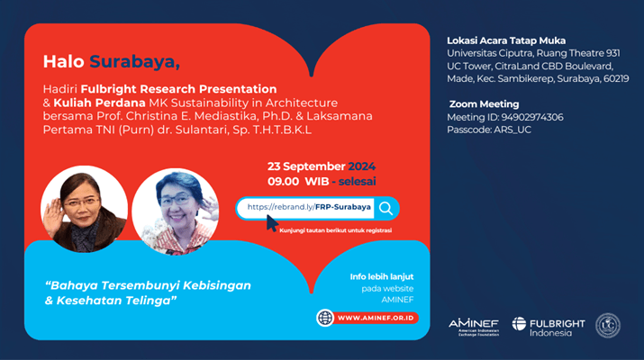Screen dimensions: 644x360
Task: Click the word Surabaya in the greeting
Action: (x=134, y=62)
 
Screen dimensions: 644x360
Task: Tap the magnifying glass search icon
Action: (x=386, y=209)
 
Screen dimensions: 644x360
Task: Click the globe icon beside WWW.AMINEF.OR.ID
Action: (x=325, y=318)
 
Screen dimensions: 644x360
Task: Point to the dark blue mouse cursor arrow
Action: (x=272, y=223)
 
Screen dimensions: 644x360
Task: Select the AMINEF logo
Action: (x=474, y=328)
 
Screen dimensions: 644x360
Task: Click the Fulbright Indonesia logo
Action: (x=549, y=327)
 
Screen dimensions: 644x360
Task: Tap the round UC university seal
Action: (x=608, y=326)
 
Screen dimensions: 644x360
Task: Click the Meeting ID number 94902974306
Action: (x=532, y=117)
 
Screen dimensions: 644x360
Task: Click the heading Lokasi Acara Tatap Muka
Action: (x=506, y=40)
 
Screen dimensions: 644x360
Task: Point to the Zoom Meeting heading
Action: (x=484, y=104)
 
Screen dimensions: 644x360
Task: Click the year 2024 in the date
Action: (x=362, y=166)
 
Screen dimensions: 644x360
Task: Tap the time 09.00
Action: (x=284, y=182)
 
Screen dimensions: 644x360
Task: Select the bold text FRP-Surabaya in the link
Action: (x=343, y=207)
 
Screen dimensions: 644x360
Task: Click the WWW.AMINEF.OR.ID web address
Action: (x=376, y=318)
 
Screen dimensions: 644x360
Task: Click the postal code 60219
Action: (x=616, y=79)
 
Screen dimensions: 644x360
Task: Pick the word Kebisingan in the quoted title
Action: (x=217, y=285)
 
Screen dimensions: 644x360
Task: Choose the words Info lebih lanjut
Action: (x=382, y=276)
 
